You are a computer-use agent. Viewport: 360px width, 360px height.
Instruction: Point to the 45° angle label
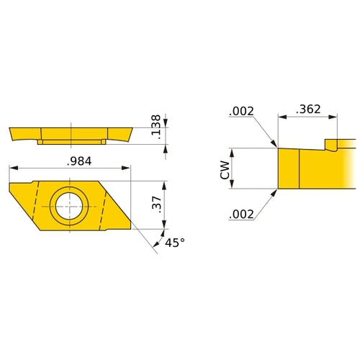[x=175, y=243]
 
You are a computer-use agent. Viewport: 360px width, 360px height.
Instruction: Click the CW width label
[x=225, y=170]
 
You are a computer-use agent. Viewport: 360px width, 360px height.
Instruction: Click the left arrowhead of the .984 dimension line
[x=12, y=168]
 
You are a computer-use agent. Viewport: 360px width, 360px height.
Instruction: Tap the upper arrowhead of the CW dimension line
[x=232, y=152]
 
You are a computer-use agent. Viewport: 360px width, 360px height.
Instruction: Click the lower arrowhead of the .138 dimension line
[x=166, y=148]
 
